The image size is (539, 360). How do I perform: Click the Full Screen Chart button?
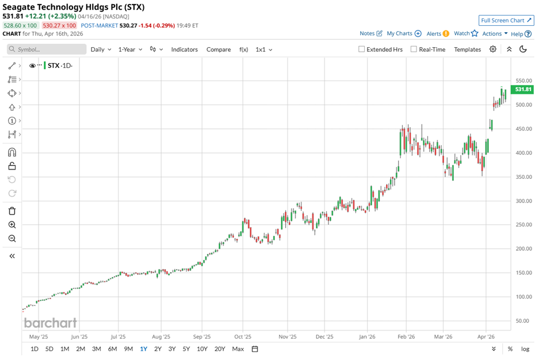click(x=506, y=20)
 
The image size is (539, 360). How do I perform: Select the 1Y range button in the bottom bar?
click(x=143, y=348)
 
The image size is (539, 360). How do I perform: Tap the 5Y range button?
click(x=186, y=348)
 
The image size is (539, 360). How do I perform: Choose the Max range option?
click(x=238, y=348)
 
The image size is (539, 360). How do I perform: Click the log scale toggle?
click(x=525, y=348)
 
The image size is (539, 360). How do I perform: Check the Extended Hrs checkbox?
click(x=361, y=49)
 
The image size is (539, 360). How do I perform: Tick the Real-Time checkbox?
click(x=414, y=49)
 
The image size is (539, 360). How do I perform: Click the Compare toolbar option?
click(x=219, y=49)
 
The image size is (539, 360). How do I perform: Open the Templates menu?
click(x=467, y=49)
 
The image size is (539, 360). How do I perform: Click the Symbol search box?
click(x=46, y=49)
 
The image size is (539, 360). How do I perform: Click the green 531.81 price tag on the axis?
click(x=523, y=89)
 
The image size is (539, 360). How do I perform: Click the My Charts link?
click(x=404, y=34)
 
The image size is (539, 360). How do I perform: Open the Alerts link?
click(x=437, y=34)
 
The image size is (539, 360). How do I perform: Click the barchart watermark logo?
click(x=51, y=322)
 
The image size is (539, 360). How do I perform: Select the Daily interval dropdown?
click(x=101, y=49)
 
